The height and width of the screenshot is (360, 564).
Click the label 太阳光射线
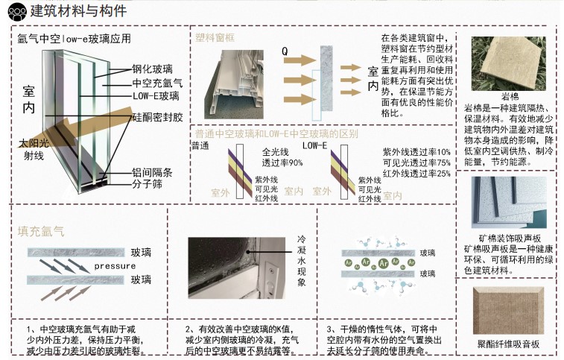(x=31, y=148)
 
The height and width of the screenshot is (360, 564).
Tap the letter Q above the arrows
(x=285, y=51)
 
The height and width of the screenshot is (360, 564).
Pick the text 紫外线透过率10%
(x=416, y=152)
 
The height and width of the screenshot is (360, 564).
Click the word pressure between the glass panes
(x=115, y=266)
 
